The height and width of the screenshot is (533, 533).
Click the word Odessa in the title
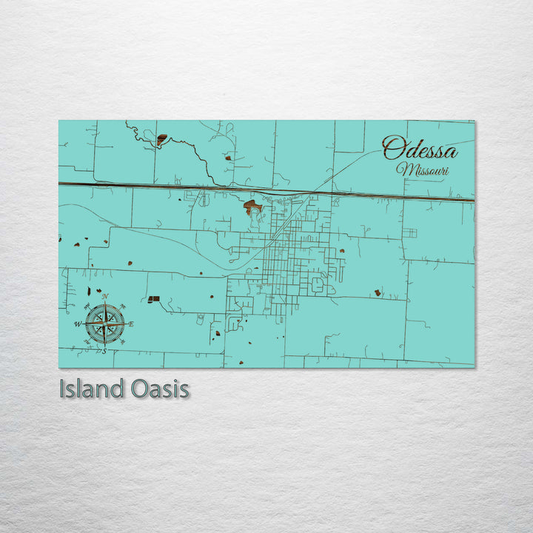pyautogui.click(x=420, y=149)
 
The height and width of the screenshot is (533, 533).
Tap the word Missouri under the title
pyautogui.click(x=423, y=170)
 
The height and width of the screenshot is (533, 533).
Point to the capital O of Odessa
pyautogui.click(x=392, y=148)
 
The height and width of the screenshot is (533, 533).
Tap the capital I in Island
pyautogui.click(x=63, y=389)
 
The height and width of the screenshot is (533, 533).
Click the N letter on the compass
pyautogui.click(x=104, y=297)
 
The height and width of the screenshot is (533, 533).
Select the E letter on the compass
pyautogui.click(x=131, y=324)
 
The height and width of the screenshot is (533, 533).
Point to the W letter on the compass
pyautogui.click(x=77, y=324)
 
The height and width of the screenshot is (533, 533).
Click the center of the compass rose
pyautogui.click(x=104, y=324)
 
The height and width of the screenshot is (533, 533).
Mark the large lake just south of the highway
pyautogui.click(x=252, y=205)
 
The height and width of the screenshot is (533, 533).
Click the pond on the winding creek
pyautogui.click(x=161, y=138)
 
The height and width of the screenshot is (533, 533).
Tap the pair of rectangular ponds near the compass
pyautogui.click(x=153, y=299)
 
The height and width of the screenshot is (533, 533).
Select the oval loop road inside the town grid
pyautogui.click(x=318, y=284)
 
